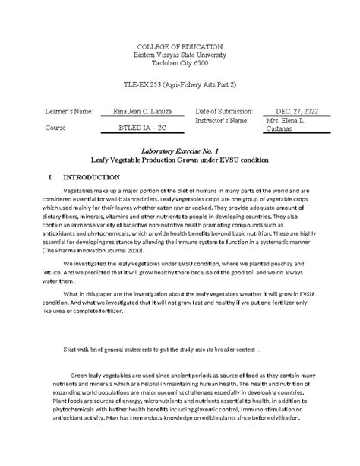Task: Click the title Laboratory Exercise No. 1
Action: coord(180,152)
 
